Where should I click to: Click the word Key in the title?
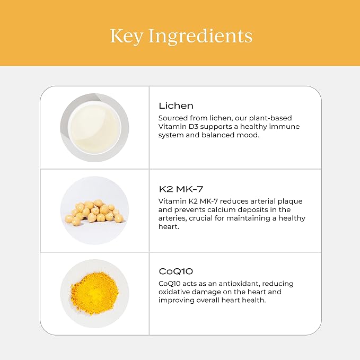coord(127,36)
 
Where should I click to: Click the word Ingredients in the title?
coord(200,36)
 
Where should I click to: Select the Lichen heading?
coord(176,106)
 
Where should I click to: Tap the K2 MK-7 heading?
coord(181,189)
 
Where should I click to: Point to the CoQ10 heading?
coord(176,271)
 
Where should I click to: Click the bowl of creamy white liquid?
coord(94,127)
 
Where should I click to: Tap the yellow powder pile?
coord(94,293)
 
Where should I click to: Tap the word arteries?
coord(173,218)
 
